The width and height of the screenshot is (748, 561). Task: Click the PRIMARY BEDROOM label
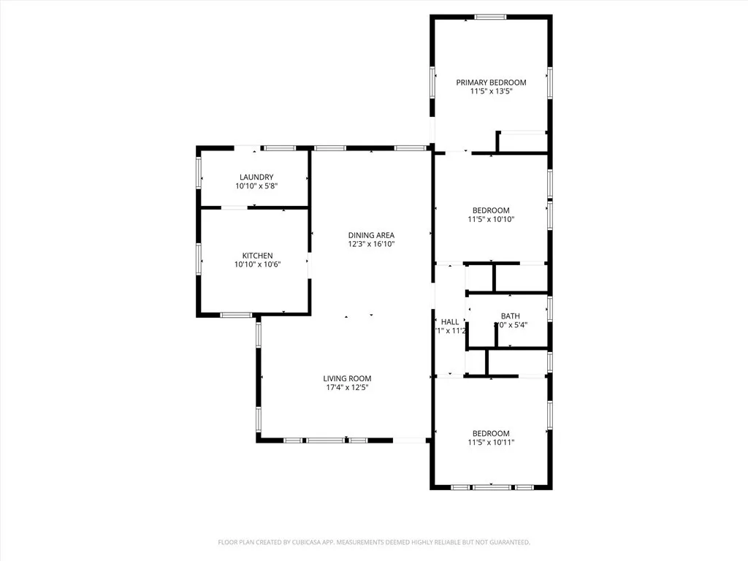coord(491,83)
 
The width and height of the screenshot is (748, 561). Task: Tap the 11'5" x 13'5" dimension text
coord(491,91)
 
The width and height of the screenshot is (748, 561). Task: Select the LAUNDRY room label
coord(256,177)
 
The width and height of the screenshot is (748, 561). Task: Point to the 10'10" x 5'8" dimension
coord(256,186)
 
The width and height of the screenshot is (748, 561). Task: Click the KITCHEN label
coord(257,256)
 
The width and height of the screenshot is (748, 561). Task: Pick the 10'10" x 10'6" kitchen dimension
coord(257,264)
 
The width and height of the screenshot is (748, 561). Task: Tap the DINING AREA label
coord(371,235)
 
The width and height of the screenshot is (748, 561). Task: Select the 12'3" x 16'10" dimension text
coord(371,244)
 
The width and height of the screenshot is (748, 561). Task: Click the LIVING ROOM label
coord(347,378)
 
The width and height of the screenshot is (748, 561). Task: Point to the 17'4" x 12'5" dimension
coord(347,387)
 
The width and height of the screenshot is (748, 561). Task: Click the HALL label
coord(450,322)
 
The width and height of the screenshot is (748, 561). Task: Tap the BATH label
coord(510,316)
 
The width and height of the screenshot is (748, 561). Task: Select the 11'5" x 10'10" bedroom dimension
coord(491,219)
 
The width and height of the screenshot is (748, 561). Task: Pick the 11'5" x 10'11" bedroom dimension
coord(491,442)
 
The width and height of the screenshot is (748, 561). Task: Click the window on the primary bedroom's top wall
coord(491,17)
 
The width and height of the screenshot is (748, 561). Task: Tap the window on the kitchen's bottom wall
coord(236,315)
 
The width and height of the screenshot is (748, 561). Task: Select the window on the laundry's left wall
coord(199,173)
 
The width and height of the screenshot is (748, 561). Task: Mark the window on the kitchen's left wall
coord(199,259)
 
